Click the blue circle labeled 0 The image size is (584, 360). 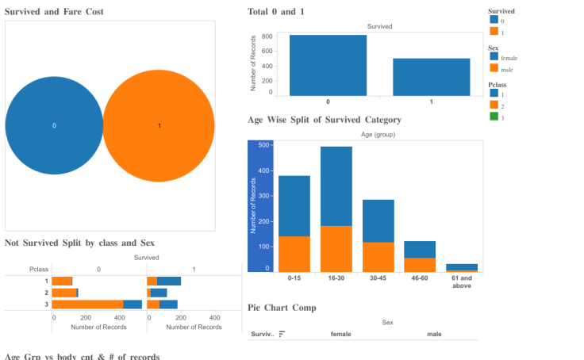coord(54,125)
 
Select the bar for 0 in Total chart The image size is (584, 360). coord(328,65)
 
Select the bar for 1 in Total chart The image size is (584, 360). coord(431,77)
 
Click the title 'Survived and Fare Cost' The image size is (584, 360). coord(54,12)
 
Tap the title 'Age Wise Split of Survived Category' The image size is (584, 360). coord(324,120)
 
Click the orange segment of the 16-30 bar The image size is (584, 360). coord(336,248)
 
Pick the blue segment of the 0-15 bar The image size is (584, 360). coord(294,205)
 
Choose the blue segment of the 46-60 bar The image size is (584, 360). coord(420,249)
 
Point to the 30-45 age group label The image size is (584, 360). coord(378,278)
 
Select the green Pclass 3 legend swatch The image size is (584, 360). coord(494,117)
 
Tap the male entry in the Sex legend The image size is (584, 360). coord(506,70)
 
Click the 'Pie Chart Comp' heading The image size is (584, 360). coord(282,308)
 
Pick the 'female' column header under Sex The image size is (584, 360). coord(340,334)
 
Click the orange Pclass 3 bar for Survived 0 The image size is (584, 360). coord(87,304)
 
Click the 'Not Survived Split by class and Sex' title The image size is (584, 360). coord(79,242)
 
